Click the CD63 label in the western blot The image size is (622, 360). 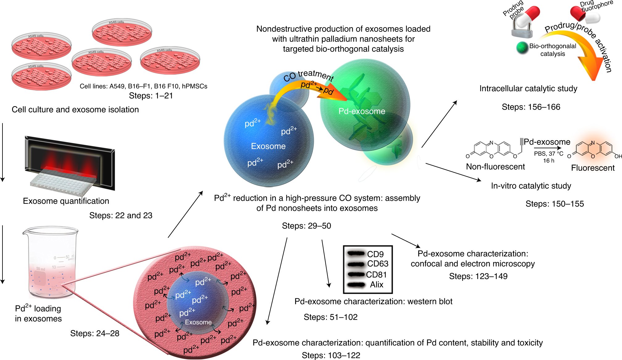378,264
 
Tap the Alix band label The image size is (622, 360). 377,284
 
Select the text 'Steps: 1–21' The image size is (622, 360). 151,96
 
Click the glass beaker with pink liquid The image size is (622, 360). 51,262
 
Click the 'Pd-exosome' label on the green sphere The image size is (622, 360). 362,111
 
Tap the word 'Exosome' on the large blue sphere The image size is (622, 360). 268,146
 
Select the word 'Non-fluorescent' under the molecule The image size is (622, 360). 495,167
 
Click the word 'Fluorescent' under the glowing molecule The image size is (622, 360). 593,168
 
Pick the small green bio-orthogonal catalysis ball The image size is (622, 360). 522,48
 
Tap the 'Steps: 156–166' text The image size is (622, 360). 531,107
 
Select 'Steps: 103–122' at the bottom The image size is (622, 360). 331,355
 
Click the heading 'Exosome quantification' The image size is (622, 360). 66,201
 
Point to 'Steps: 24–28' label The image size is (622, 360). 94,333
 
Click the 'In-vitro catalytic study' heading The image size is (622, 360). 531,186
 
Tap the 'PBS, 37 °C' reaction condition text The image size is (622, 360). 549,154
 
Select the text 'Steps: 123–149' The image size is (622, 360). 478,276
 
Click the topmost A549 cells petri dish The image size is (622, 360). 122,32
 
